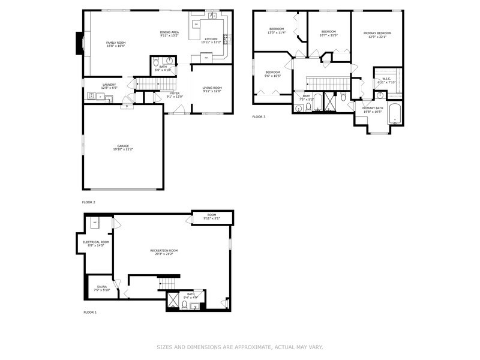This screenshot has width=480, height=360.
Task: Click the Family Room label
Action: (116, 43)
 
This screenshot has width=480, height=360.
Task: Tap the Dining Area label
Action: (169, 32)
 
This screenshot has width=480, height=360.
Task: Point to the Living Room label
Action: (212, 88)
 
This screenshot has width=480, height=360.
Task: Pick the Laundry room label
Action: (109, 85)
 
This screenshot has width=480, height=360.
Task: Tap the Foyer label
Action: (175, 94)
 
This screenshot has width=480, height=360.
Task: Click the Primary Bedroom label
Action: (377, 33)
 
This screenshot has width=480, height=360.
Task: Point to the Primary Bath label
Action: (372, 108)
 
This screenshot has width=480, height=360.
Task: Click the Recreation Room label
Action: (164, 250)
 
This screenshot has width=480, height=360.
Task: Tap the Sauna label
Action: (101, 287)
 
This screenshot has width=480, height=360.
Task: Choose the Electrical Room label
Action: (96, 242)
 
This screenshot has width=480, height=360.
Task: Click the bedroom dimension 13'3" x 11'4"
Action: (277, 32)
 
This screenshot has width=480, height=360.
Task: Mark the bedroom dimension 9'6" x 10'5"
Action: (273, 76)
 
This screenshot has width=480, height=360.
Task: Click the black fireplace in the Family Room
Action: (78, 43)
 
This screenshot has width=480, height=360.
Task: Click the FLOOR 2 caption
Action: (89, 202)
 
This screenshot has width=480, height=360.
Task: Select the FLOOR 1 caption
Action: (89, 312)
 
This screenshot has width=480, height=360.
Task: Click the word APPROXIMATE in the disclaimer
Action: (250, 346)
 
